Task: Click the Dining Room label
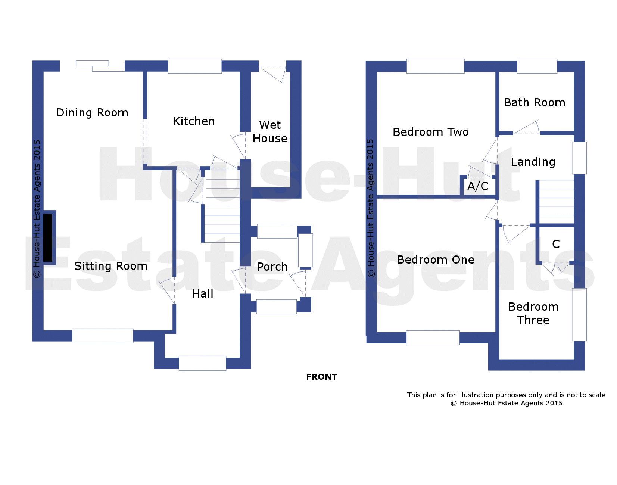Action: pos(92,113)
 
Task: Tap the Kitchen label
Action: pos(193,121)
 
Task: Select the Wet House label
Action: pos(270,131)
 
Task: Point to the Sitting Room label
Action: pos(111,266)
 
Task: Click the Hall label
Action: pos(202,293)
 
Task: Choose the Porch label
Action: pos(272,267)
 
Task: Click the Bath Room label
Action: pos(535,103)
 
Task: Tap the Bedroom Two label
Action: pos(430,132)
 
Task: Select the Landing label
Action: pos(533,162)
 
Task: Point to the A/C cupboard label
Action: pos(477,186)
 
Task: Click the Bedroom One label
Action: pos(436,260)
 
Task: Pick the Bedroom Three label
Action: pos(533,313)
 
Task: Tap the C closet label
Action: pos(556,244)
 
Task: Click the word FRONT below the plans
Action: pos(321,377)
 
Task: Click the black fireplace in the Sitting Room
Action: pos(48,238)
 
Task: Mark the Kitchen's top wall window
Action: pos(194,66)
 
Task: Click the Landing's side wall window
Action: pos(579,158)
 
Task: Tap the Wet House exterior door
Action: pos(272,74)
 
